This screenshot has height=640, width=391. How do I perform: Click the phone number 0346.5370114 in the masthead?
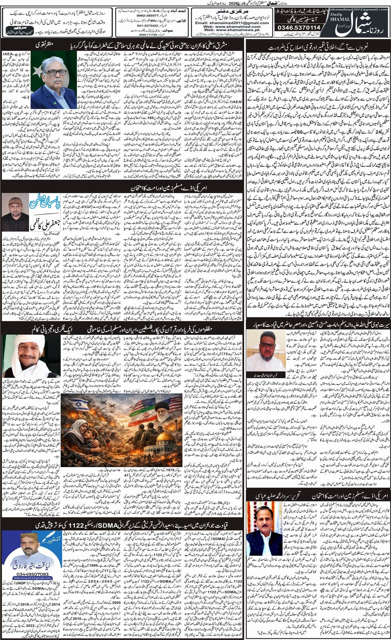pyautogui.click(x=298, y=28)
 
